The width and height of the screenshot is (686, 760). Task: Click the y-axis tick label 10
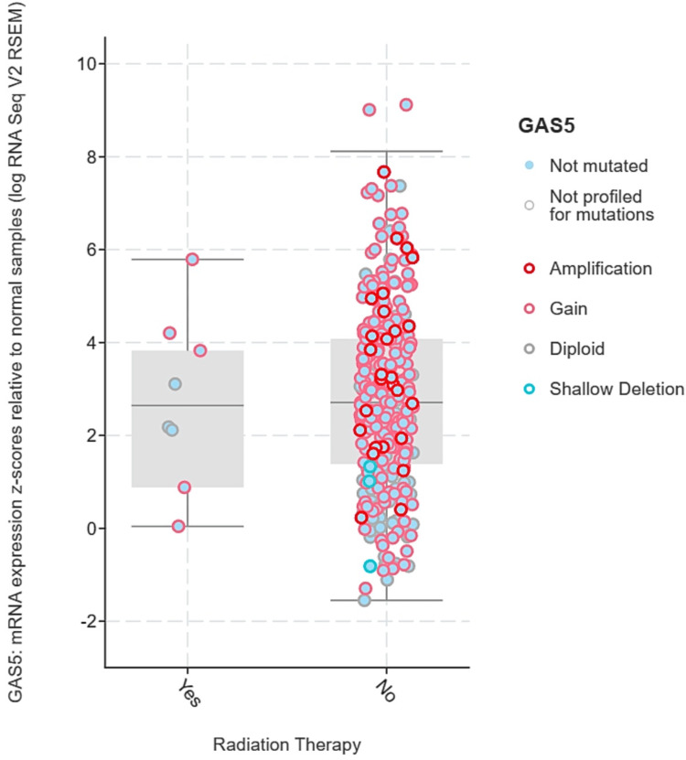pyautogui.click(x=88, y=64)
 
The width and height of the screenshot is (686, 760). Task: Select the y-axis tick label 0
pyautogui.click(x=92, y=529)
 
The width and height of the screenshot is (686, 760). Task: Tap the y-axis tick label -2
pyautogui.click(x=90, y=622)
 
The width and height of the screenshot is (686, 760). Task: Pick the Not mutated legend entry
pyautogui.click(x=598, y=166)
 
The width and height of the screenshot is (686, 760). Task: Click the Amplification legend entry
pyautogui.click(x=600, y=269)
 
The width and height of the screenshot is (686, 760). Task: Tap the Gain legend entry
pyautogui.click(x=569, y=309)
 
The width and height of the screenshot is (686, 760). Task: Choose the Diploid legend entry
pyautogui.click(x=576, y=348)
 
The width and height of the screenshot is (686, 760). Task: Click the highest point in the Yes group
pyautogui.click(x=192, y=260)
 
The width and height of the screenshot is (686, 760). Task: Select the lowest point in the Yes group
pyautogui.click(x=178, y=526)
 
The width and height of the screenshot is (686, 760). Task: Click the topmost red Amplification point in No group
pyautogui.click(x=384, y=172)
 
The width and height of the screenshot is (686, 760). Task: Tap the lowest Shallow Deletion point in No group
pyautogui.click(x=370, y=566)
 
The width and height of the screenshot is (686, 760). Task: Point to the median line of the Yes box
pyautogui.click(x=188, y=405)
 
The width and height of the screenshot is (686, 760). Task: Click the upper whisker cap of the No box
pyautogui.click(x=386, y=151)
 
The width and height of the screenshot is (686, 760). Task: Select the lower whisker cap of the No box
pyautogui.click(x=386, y=600)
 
